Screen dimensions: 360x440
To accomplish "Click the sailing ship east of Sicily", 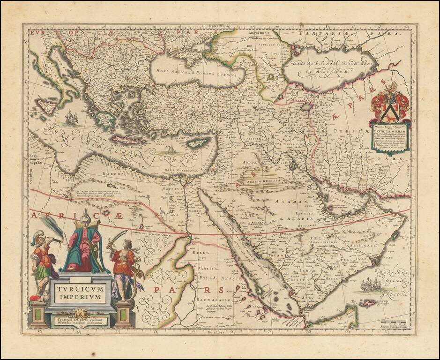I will (70, 117).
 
